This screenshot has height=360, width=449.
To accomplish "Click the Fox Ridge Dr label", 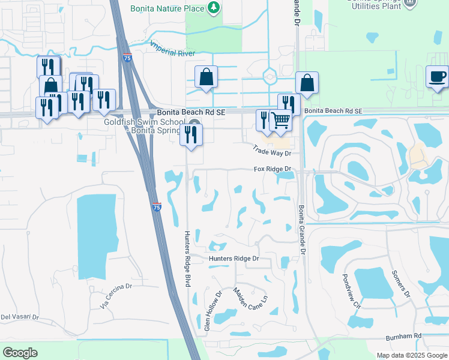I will coord(272,169).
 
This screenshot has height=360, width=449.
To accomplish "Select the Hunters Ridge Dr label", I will coord(234,259).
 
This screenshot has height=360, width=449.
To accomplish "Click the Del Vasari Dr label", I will coord(19,317).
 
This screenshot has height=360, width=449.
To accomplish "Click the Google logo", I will coord(20,353).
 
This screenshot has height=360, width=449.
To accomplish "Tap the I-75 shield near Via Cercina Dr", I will coord(156,206).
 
